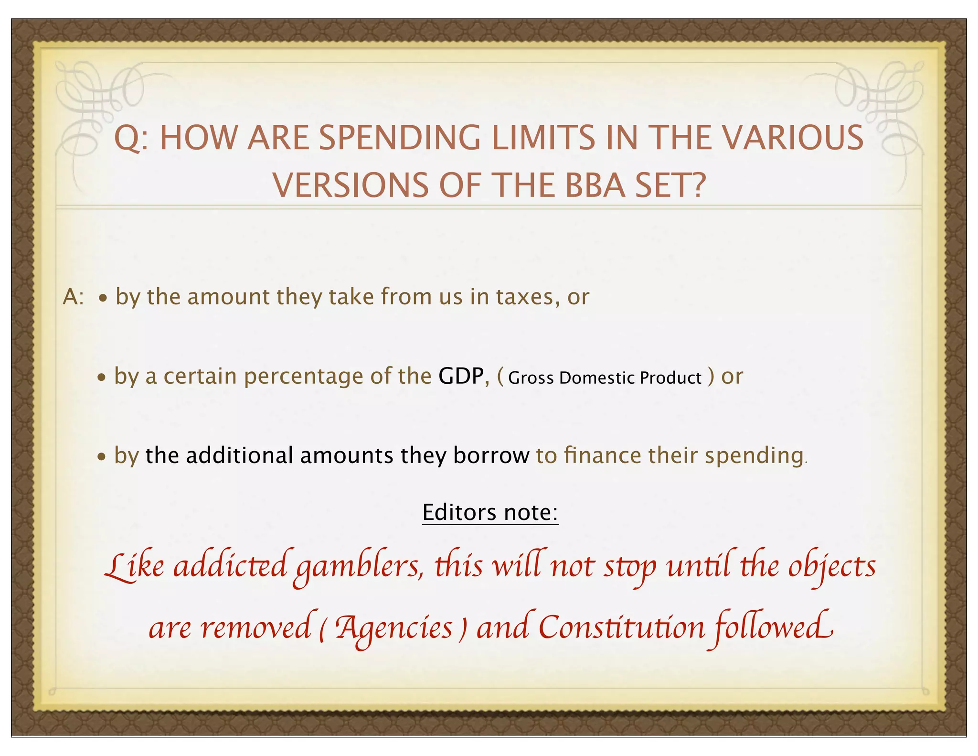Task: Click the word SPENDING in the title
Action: coord(399,138)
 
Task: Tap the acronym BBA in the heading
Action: coord(595,185)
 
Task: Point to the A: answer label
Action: coord(73,297)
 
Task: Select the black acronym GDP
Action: coord(461,376)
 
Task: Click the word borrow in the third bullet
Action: coord(491,455)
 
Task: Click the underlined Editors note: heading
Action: coord(490,512)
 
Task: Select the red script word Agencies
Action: coord(393,628)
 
